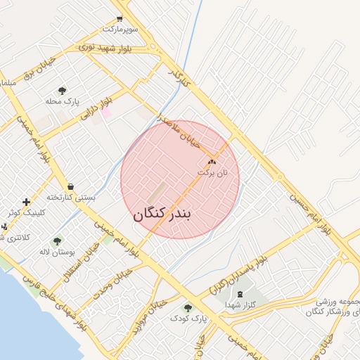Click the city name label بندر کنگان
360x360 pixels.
[x=163, y=214]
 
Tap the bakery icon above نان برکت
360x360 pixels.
[x=213, y=162]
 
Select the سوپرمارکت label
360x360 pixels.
[x=121, y=30]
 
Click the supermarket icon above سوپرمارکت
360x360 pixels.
[x=119, y=19]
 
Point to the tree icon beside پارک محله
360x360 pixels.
[x=62, y=91]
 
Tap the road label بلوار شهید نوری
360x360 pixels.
[x=105, y=47]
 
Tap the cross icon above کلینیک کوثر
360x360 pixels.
[x=27, y=202]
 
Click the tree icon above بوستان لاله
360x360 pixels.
[x=57, y=241]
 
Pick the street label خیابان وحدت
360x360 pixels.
[x=112, y=281]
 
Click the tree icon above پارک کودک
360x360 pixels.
[x=188, y=307]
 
